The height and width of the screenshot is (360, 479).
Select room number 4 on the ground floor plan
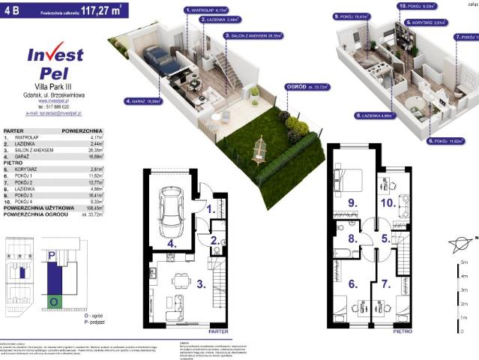[x=172, y=244]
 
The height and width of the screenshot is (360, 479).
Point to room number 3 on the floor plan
[x=200, y=284]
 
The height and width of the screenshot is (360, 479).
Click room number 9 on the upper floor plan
[x=350, y=202]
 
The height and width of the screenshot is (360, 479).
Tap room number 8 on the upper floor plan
[x=351, y=240]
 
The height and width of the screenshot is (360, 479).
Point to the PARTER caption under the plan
[x=218, y=329]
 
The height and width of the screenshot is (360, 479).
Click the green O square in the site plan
[x=53, y=301]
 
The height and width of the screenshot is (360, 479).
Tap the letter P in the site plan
[x=51, y=256]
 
